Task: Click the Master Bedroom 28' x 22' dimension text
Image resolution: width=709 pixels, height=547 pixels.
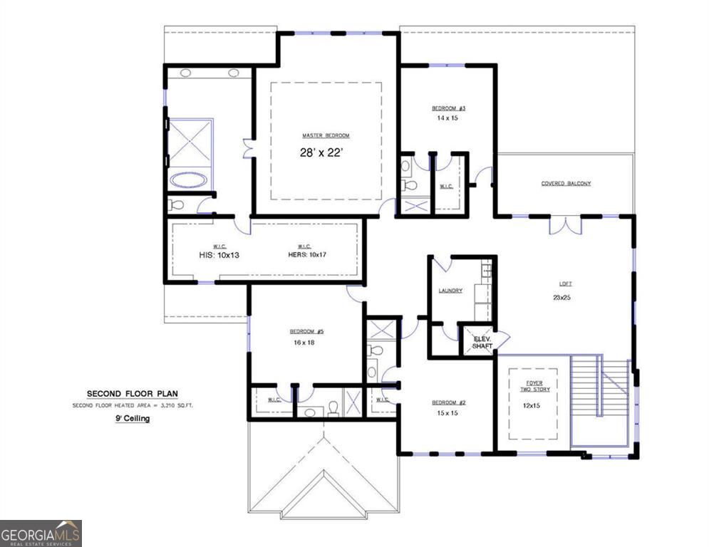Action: click(x=326, y=152)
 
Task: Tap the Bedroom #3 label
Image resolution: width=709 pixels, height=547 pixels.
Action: click(x=448, y=108)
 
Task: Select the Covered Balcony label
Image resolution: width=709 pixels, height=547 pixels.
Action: click(x=566, y=183)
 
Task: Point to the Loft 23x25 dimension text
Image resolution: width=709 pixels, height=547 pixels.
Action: click(x=561, y=297)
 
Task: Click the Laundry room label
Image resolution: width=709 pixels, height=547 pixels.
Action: click(x=450, y=290)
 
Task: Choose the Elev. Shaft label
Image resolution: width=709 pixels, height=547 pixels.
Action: click(x=482, y=342)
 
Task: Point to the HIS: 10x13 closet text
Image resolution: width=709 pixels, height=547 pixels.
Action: click(x=219, y=254)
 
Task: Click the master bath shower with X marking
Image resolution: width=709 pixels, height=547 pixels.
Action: click(x=190, y=142)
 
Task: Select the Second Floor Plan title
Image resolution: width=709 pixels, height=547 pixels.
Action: click(x=132, y=393)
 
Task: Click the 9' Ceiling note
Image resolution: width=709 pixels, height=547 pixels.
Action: click(x=132, y=419)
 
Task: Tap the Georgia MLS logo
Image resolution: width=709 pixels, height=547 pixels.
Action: click(x=41, y=533)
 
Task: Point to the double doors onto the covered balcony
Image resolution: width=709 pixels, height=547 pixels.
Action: click(x=565, y=224)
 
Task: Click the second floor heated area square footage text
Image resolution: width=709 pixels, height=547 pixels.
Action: click(x=132, y=405)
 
